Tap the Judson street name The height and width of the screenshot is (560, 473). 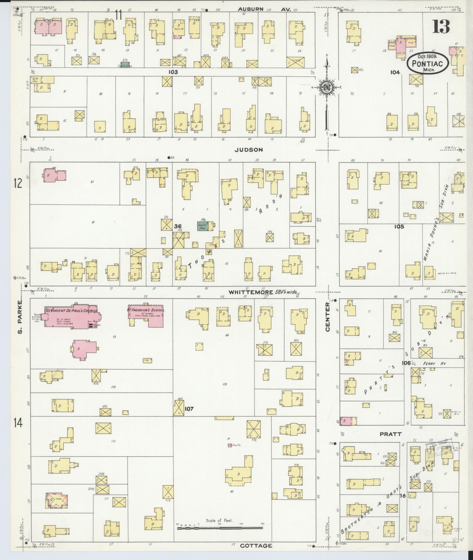[249, 150]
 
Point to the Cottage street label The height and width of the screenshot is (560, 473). [256, 546]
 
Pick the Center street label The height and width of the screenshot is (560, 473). [328, 317]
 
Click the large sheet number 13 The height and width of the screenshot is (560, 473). [441, 27]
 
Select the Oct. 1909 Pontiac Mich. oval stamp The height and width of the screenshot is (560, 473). [428, 63]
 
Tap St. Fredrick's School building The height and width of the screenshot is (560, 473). [146, 315]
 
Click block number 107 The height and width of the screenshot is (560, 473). [189, 409]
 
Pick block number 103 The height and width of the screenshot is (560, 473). [173, 72]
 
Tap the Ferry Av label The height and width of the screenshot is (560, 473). [430, 364]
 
